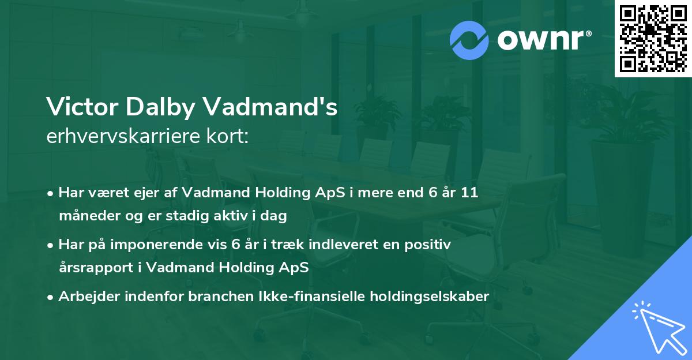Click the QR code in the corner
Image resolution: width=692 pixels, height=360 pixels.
pyautogui.click(x=653, y=39)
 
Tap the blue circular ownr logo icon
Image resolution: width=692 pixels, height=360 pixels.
pyautogui.click(x=469, y=40)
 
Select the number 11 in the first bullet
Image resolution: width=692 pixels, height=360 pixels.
pyautogui.click(x=470, y=193)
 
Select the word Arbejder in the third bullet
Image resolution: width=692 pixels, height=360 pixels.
pyautogui.click(x=88, y=297)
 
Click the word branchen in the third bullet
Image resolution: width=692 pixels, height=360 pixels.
pyautogui.click(x=207, y=297)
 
